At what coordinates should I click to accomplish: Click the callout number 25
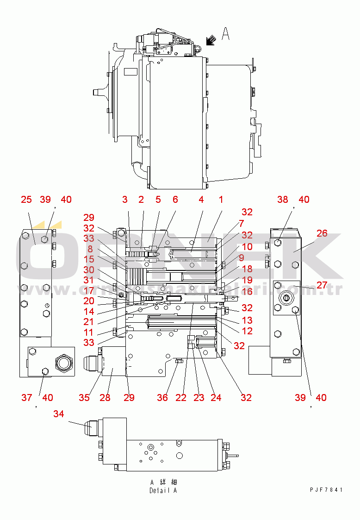point(26,200)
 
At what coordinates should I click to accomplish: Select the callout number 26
point(322,233)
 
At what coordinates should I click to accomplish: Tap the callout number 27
point(322,284)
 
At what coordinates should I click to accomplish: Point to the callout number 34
point(58,414)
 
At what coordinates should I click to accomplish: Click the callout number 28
point(105,397)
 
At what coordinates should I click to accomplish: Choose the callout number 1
point(221,200)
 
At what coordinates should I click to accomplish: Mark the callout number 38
point(282,200)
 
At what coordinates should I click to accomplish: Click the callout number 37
point(26,397)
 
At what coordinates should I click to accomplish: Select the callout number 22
point(181,397)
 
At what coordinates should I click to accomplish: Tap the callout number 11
point(89,332)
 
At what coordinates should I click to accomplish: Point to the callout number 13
point(247,320)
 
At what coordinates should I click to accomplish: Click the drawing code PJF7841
point(326,490)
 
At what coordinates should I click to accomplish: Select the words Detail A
point(163,490)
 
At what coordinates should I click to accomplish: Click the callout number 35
point(84,397)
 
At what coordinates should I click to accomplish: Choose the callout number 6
point(175,200)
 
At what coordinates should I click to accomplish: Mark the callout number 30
point(89,269)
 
